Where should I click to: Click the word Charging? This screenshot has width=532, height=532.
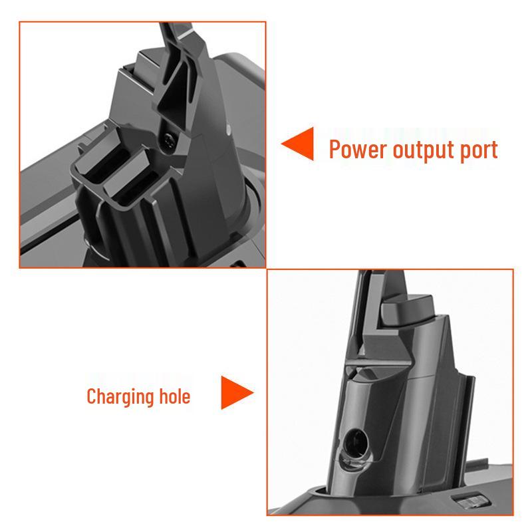[120, 397]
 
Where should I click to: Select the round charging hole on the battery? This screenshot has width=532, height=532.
[356, 444]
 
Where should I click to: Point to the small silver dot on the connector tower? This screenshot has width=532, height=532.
[228, 128]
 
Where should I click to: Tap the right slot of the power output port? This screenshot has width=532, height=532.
[136, 185]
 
